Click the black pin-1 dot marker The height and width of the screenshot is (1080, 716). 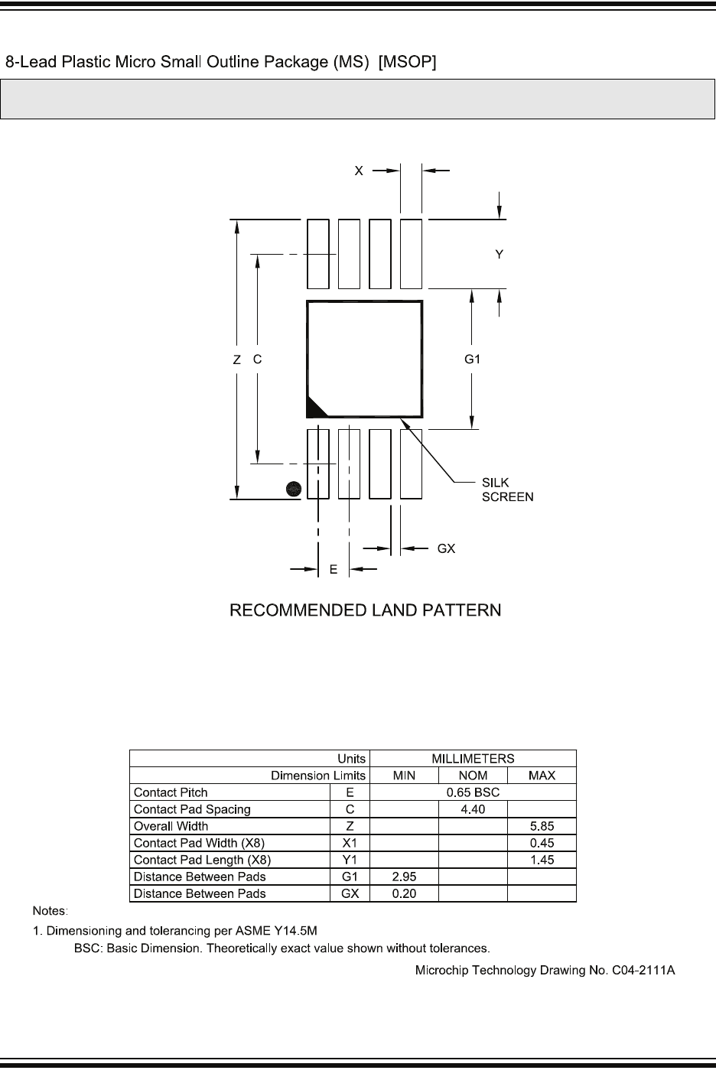[x=292, y=489]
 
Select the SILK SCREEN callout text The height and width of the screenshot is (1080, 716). [x=507, y=490]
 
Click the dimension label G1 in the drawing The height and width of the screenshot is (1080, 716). [x=473, y=358]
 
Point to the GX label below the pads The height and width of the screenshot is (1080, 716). [x=446, y=548]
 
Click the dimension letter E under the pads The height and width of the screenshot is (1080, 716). [x=334, y=569]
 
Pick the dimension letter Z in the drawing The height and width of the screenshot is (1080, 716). [x=237, y=359]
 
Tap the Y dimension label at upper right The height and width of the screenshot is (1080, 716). [x=500, y=254]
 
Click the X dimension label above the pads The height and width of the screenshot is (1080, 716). [x=358, y=171]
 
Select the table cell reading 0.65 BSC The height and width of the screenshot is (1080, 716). [x=473, y=792]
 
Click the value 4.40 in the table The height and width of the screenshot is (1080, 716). [x=473, y=809]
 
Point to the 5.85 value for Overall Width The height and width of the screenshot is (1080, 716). [x=542, y=826]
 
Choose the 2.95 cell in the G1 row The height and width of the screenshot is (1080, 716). [x=404, y=877]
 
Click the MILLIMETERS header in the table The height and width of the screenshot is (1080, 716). [x=473, y=759]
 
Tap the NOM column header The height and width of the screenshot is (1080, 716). [x=473, y=776]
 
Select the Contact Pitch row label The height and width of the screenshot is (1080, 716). [x=171, y=792]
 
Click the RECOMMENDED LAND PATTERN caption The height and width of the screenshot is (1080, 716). [x=366, y=610]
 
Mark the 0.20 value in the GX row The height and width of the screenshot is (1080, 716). [x=404, y=893]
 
